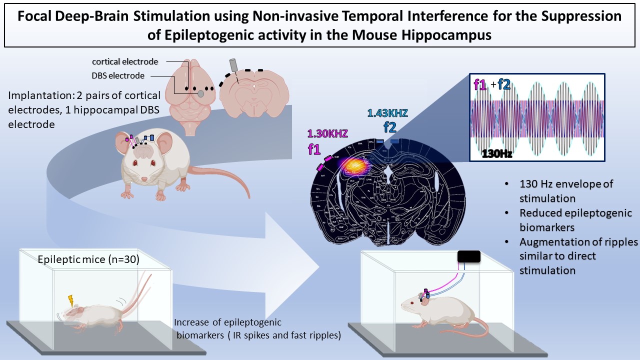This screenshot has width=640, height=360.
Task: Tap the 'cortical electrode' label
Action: [x=125, y=62]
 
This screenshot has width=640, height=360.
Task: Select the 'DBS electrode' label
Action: [x=118, y=75]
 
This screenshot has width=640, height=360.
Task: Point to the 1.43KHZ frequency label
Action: [x=387, y=113]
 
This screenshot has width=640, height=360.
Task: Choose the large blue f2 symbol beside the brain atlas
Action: [x=389, y=128]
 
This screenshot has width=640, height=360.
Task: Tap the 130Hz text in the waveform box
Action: [x=497, y=153]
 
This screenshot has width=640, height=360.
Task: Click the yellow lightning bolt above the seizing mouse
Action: [x=71, y=301]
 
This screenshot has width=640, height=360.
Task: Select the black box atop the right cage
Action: [x=469, y=256]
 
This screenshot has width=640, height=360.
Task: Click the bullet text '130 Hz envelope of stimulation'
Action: [x=566, y=190]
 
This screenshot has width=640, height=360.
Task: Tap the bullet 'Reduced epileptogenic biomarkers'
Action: [x=575, y=219]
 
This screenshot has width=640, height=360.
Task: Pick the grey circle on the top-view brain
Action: [x=200, y=93]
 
